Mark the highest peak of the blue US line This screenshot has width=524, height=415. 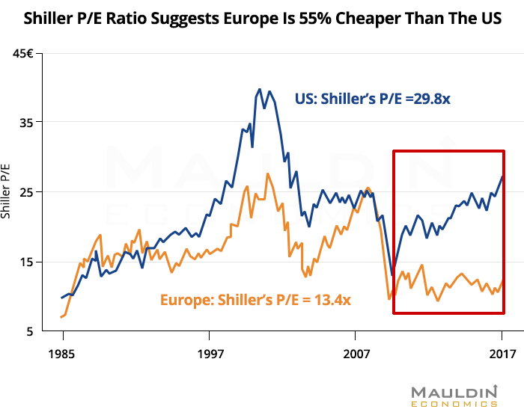[x=260, y=89]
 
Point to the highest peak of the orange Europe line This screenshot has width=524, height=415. [x=268, y=174]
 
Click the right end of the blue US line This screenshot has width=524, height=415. [x=502, y=176]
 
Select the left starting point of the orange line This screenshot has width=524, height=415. [x=61, y=317]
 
